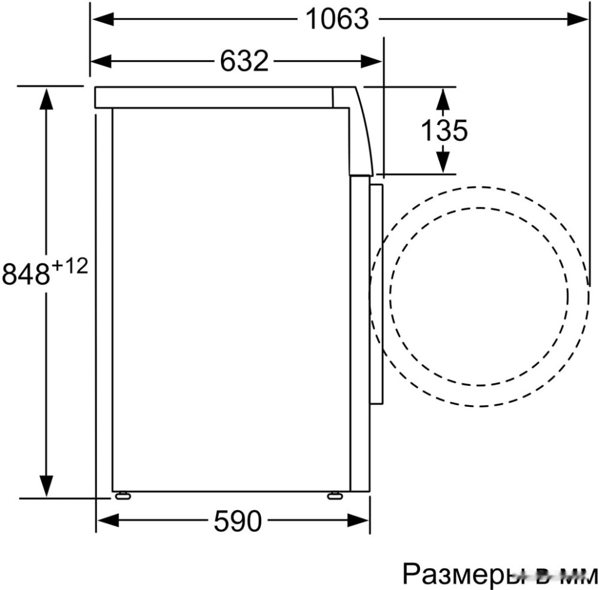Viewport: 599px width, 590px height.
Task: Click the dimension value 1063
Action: point(337,20)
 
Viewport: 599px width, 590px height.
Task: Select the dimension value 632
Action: point(245,61)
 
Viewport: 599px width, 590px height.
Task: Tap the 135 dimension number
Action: point(443,130)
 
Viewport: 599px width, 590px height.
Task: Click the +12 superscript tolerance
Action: point(69,267)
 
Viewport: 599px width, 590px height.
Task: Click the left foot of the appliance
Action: point(122,495)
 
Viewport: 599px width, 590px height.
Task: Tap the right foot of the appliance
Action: point(335,495)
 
